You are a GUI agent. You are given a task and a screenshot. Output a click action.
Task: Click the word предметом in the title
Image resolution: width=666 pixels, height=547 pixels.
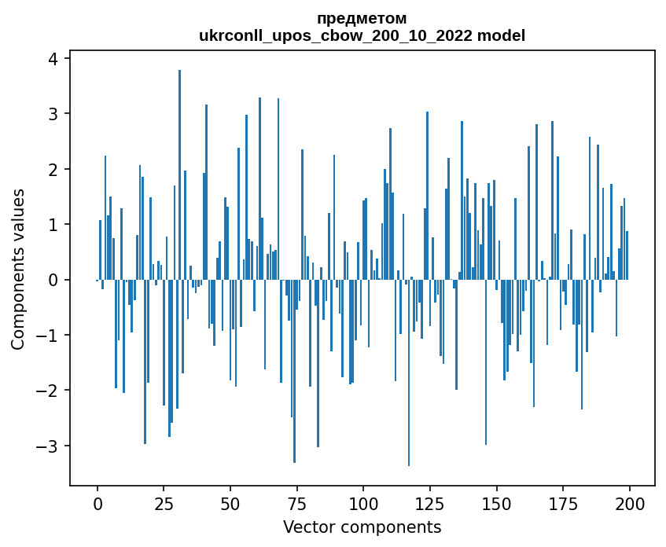coord(362,18)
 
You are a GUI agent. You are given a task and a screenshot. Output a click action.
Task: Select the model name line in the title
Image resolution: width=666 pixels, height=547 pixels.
coord(362,35)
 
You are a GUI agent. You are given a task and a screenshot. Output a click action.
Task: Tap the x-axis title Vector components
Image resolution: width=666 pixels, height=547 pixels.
coord(362,527)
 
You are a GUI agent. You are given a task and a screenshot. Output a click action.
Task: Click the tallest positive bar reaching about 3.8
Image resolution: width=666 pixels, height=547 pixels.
coord(179,173)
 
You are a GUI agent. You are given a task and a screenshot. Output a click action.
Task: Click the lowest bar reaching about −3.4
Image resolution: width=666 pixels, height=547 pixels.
coord(408,373)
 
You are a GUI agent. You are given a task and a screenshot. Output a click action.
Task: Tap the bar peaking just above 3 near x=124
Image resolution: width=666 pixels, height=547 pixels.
coord(427,196)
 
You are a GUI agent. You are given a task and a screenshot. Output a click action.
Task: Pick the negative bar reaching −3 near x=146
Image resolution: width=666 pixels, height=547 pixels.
coord(485,362)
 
